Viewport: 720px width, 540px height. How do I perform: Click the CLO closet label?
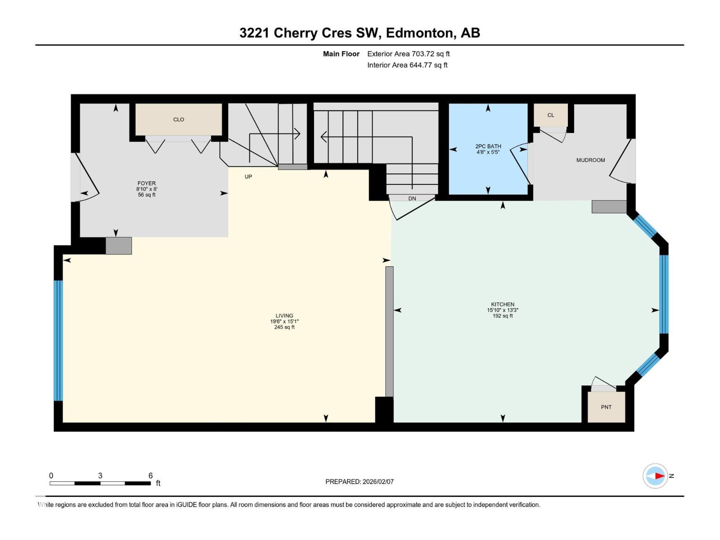pos(179,119)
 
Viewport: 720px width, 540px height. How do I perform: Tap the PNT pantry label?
pos(606,407)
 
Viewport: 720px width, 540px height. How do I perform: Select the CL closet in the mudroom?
pos(550,115)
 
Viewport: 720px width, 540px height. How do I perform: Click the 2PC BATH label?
pos(488,146)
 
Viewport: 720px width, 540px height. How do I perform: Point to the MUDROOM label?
pos(590,160)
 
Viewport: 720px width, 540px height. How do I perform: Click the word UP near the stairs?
pos(248,177)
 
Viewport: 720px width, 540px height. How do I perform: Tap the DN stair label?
pos(412,198)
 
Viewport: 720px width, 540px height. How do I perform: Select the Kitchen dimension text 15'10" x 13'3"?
pos(503,310)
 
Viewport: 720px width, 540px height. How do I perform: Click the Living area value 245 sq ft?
pos(284,327)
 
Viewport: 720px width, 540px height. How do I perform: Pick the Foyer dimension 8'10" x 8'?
pos(147,189)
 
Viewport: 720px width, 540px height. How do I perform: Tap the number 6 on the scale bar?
pos(151,475)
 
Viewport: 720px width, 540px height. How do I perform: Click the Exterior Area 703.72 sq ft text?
pos(409,54)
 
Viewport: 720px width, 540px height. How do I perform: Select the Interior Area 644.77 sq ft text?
pos(407,65)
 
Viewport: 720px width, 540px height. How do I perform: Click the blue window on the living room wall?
pos(58,340)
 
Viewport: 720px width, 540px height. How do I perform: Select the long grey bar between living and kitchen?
pos(389,332)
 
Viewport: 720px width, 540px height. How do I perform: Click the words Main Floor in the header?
pos(341,54)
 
